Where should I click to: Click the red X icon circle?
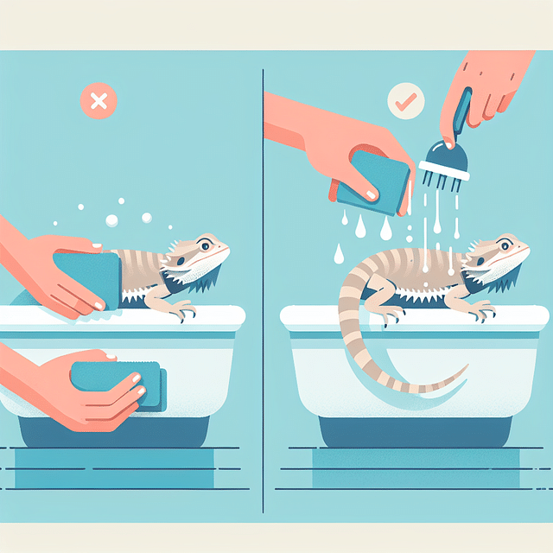click(x=99, y=102)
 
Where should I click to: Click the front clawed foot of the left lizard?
click(x=182, y=311)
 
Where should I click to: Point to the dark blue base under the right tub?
click(x=406, y=431)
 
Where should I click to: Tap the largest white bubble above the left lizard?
click(x=111, y=221)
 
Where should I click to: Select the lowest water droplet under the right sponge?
click(x=340, y=254)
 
